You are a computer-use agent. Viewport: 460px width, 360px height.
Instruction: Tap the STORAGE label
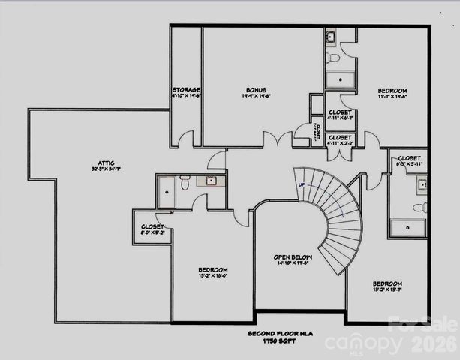tap(185, 90)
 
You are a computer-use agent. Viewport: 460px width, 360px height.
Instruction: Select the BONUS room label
tap(256, 90)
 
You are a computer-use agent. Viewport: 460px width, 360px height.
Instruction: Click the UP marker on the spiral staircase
tap(302, 184)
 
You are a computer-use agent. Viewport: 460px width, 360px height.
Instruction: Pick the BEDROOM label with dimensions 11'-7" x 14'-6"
tap(392, 91)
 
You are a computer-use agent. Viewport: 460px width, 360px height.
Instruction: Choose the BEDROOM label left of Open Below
tap(212, 270)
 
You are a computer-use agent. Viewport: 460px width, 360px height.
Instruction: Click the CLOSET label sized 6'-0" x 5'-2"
tap(152, 226)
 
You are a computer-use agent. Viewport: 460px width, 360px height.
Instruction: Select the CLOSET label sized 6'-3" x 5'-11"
tap(409, 158)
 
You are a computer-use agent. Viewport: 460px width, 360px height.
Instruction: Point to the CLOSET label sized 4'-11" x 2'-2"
tap(340, 138)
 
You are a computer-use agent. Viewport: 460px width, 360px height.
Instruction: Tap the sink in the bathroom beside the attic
tap(211, 181)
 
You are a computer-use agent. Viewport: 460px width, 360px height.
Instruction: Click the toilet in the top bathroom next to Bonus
tap(334, 56)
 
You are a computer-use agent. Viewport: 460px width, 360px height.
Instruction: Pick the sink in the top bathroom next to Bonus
tap(331, 37)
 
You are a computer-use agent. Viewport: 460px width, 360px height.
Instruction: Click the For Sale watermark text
tap(424, 325)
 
